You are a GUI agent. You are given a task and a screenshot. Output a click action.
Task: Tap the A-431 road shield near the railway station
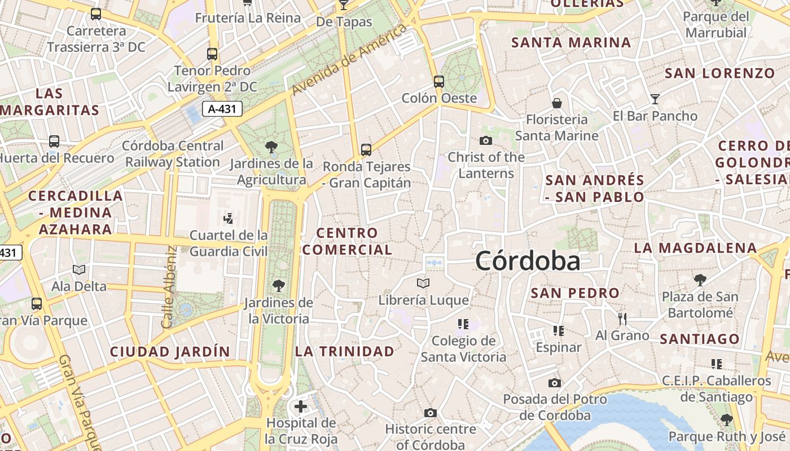[222, 109]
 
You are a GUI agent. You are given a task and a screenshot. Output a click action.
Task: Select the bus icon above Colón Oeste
[439, 82]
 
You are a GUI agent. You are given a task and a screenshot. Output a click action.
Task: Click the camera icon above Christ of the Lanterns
[486, 140]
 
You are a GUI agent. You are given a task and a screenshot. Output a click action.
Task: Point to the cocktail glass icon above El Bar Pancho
[655, 99]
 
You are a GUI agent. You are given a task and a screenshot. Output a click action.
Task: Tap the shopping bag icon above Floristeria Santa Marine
[557, 103]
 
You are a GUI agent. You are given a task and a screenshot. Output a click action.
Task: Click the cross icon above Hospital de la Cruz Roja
[301, 406]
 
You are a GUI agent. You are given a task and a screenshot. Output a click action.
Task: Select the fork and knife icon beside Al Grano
[622, 319]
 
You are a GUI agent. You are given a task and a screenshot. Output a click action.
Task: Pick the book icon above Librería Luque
[423, 283]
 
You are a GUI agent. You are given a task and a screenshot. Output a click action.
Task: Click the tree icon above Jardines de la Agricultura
[271, 148]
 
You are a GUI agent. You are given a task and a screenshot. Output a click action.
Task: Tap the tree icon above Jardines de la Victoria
[278, 286]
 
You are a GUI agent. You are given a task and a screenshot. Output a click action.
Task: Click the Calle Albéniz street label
[169, 288]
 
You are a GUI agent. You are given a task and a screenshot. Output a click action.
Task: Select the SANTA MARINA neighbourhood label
[571, 42]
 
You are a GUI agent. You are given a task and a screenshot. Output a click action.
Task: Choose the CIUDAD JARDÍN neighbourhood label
[170, 352]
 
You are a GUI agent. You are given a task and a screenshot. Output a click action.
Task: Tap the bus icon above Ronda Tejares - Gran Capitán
[366, 150]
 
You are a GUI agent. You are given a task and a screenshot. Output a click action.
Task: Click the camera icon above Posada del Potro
[555, 383]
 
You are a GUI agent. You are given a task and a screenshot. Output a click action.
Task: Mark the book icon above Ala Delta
[79, 270]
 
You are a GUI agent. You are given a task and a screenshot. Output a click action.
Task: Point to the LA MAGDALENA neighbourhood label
[695, 248]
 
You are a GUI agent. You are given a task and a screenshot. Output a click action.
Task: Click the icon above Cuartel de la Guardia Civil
[229, 218]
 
